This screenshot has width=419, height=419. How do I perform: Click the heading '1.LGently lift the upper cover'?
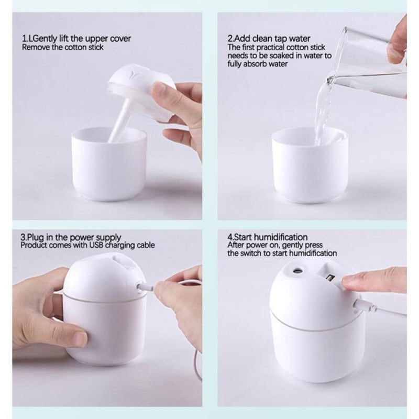(x=76, y=39)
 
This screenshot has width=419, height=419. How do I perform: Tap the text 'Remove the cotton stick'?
(x=62, y=47)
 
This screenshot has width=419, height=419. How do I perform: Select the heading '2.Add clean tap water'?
(x=269, y=39)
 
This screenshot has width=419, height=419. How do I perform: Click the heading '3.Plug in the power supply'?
(x=71, y=237)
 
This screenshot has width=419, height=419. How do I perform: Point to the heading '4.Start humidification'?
(x=267, y=237)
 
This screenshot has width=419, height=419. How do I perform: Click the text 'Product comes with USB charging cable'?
(x=88, y=245)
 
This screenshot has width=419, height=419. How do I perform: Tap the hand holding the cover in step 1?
(x=183, y=115)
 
